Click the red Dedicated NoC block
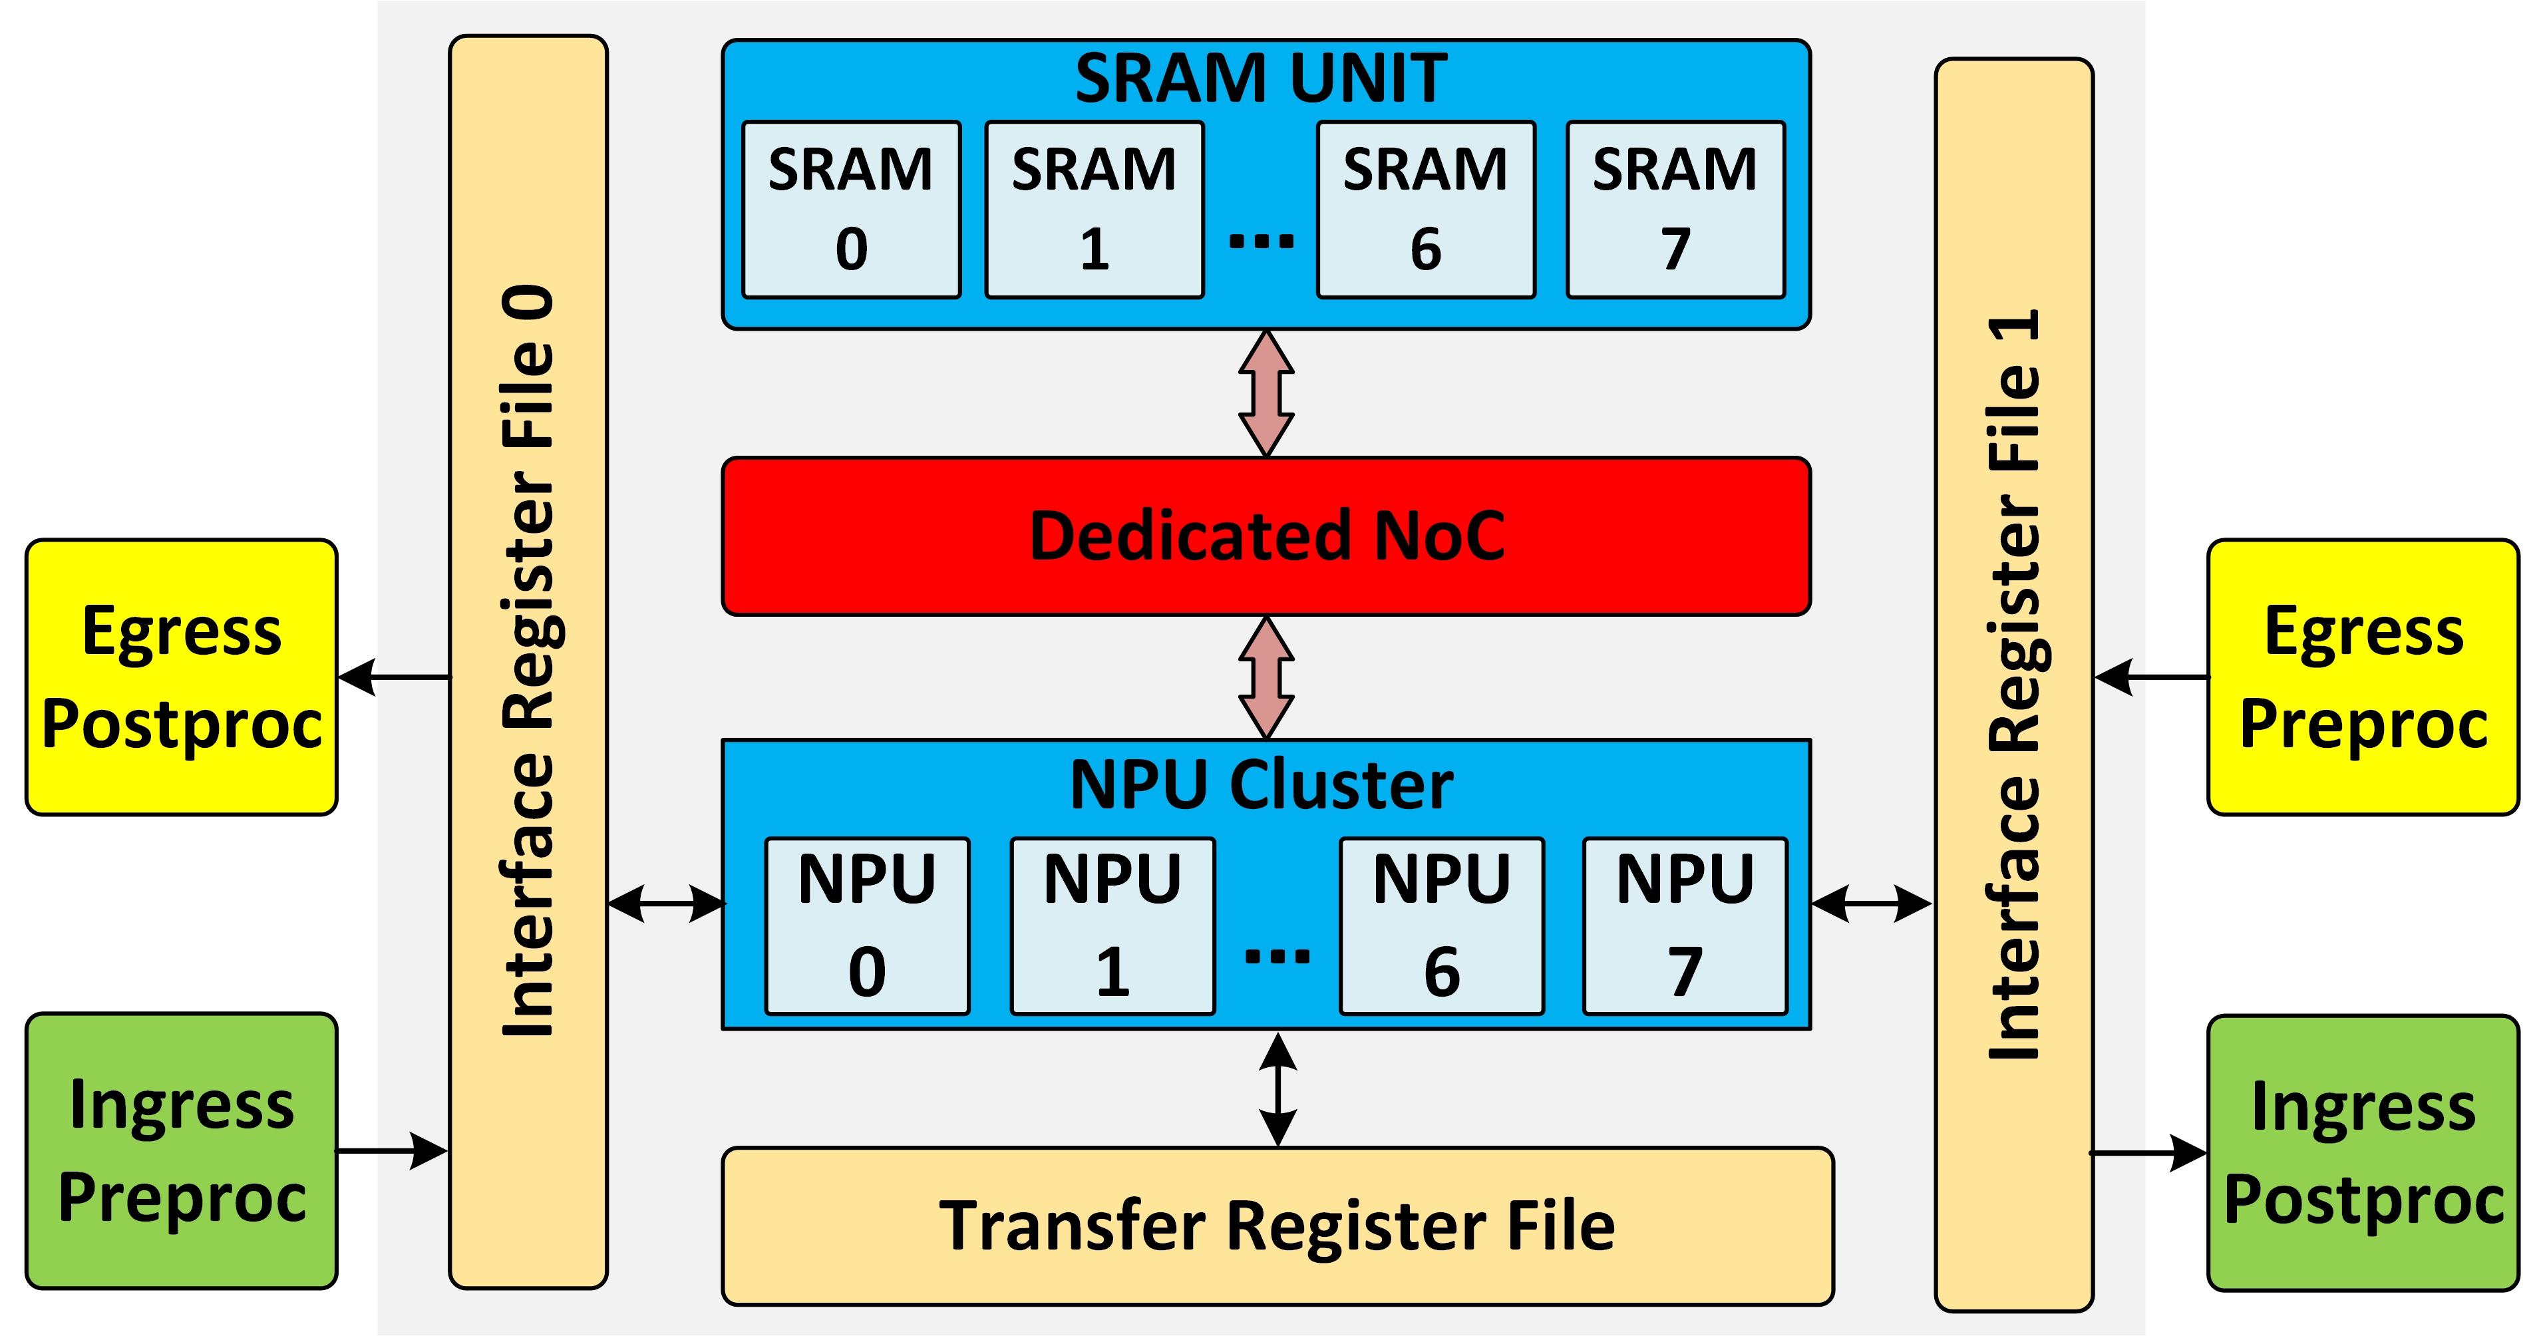tap(1266, 536)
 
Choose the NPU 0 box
tap(866, 926)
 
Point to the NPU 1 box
tap(1112, 926)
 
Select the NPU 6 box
tap(1441, 926)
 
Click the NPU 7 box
tap(1685, 926)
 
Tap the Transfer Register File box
tap(1277, 1226)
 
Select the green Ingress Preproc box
tap(182, 1150)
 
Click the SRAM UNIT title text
tap(1262, 79)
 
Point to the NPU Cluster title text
tap(1262, 786)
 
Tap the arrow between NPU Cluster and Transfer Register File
tap(1278, 1089)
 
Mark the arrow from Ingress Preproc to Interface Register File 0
tap(392, 1150)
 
